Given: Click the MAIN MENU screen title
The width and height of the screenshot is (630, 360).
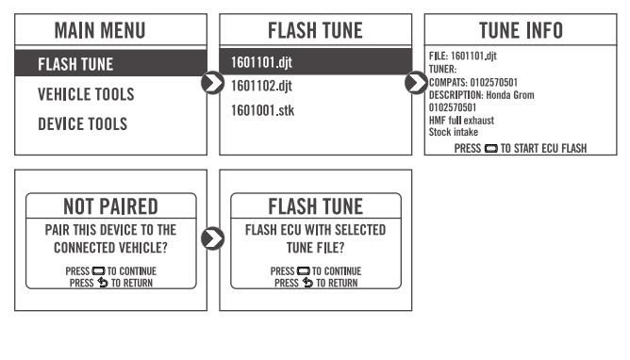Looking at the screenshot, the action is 100,30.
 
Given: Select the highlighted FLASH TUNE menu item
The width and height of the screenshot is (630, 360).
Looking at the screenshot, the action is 75,64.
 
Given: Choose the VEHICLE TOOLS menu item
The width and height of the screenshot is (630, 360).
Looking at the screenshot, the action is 86,94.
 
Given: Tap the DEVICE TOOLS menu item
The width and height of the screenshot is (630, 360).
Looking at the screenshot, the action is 83,124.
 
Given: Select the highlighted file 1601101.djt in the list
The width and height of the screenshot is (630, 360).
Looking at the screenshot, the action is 261,62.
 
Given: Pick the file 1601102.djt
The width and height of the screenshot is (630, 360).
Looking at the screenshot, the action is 261,86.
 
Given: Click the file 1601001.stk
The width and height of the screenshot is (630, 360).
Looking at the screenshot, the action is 262,110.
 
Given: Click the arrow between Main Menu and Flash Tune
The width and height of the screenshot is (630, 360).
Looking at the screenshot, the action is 212,83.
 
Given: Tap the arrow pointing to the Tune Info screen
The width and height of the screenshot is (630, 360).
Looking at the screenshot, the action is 416,83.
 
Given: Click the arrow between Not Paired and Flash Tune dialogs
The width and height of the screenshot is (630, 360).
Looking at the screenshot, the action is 212,238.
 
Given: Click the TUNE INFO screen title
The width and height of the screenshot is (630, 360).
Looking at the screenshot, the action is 521,30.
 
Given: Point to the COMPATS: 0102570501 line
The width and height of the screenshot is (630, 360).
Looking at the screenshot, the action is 473,82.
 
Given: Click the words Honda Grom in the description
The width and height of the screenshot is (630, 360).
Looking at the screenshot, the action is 510,95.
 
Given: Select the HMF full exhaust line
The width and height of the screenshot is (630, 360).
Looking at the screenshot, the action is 461,121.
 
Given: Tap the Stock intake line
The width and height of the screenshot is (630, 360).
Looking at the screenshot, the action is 454,132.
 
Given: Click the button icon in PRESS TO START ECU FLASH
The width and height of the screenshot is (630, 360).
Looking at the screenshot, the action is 491,149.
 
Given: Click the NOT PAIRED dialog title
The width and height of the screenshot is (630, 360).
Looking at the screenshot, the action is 111,206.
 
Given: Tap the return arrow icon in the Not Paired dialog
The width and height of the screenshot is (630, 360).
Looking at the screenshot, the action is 103,283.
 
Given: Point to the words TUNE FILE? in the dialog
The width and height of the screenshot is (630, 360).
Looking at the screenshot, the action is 315,248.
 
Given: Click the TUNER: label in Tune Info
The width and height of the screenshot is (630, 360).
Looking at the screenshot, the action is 442,69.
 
